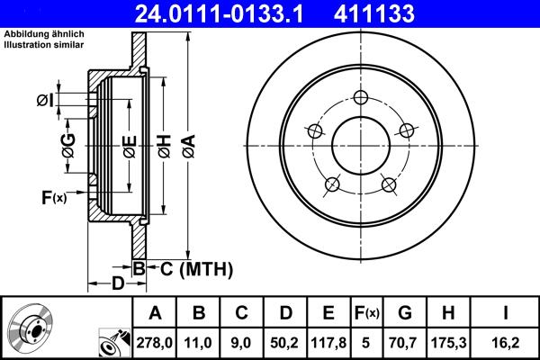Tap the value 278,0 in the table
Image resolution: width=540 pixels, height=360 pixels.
click(x=155, y=342)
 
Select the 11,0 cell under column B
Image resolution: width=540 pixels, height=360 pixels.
click(x=199, y=342)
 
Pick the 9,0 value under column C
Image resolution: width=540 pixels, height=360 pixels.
click(x=242, y=342)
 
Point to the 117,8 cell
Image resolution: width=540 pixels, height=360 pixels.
click(x=328, y=342)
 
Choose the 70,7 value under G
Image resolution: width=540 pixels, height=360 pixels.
click(x=405, y=342)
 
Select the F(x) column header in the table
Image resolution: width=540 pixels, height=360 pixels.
click(x=365, y=313)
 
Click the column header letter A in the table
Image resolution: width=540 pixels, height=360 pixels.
click(x=155, y=313)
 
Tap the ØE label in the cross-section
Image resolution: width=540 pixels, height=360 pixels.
click(x=130, y=143)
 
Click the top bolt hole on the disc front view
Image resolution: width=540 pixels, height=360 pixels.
click(x=360, y=99)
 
